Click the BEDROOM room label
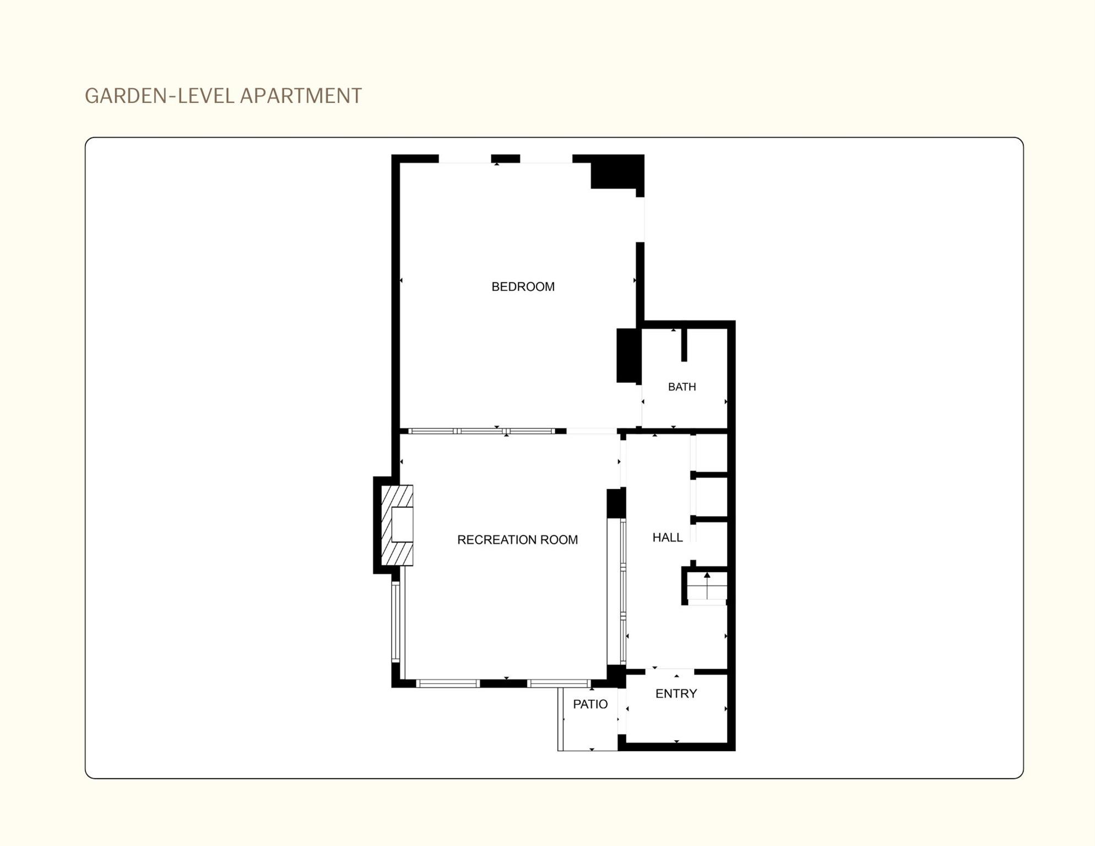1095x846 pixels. (523, 286)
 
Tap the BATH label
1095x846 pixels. (682, 387)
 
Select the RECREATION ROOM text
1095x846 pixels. (517, 540)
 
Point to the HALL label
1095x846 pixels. (668, 538)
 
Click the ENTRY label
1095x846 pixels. (676, 693)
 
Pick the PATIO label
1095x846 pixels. (590, 704)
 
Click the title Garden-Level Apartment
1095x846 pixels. (223, 96)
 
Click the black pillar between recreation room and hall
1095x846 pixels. (616, 503)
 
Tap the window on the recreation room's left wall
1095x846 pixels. (395, 621)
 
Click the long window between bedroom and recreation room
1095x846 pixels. (481, 431)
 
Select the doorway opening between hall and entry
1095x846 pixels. (669, 671)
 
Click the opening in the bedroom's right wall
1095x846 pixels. (640, 219)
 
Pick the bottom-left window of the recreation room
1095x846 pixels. (448, 684)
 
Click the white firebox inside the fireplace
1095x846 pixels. (402, 524)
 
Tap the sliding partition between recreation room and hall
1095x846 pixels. (622, 592)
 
